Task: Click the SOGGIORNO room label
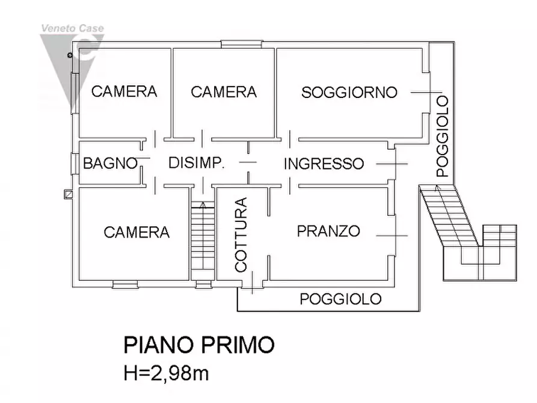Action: coord(349,93)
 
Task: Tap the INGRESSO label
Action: coord(324,164)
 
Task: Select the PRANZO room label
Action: coord(328,231)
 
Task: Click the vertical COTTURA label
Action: coord(241,235)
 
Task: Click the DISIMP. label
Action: coord(196,163)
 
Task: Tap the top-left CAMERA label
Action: coord(124,91)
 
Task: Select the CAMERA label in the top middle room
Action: coord(223,92)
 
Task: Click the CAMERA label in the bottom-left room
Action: coord(137,232)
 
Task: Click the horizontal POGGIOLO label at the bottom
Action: coord(340,299)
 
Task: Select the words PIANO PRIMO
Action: coord(198,346)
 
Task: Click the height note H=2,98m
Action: coord(166,374)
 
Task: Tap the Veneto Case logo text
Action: coord(72,28)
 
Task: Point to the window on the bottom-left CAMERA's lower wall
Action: coord(125,283)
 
